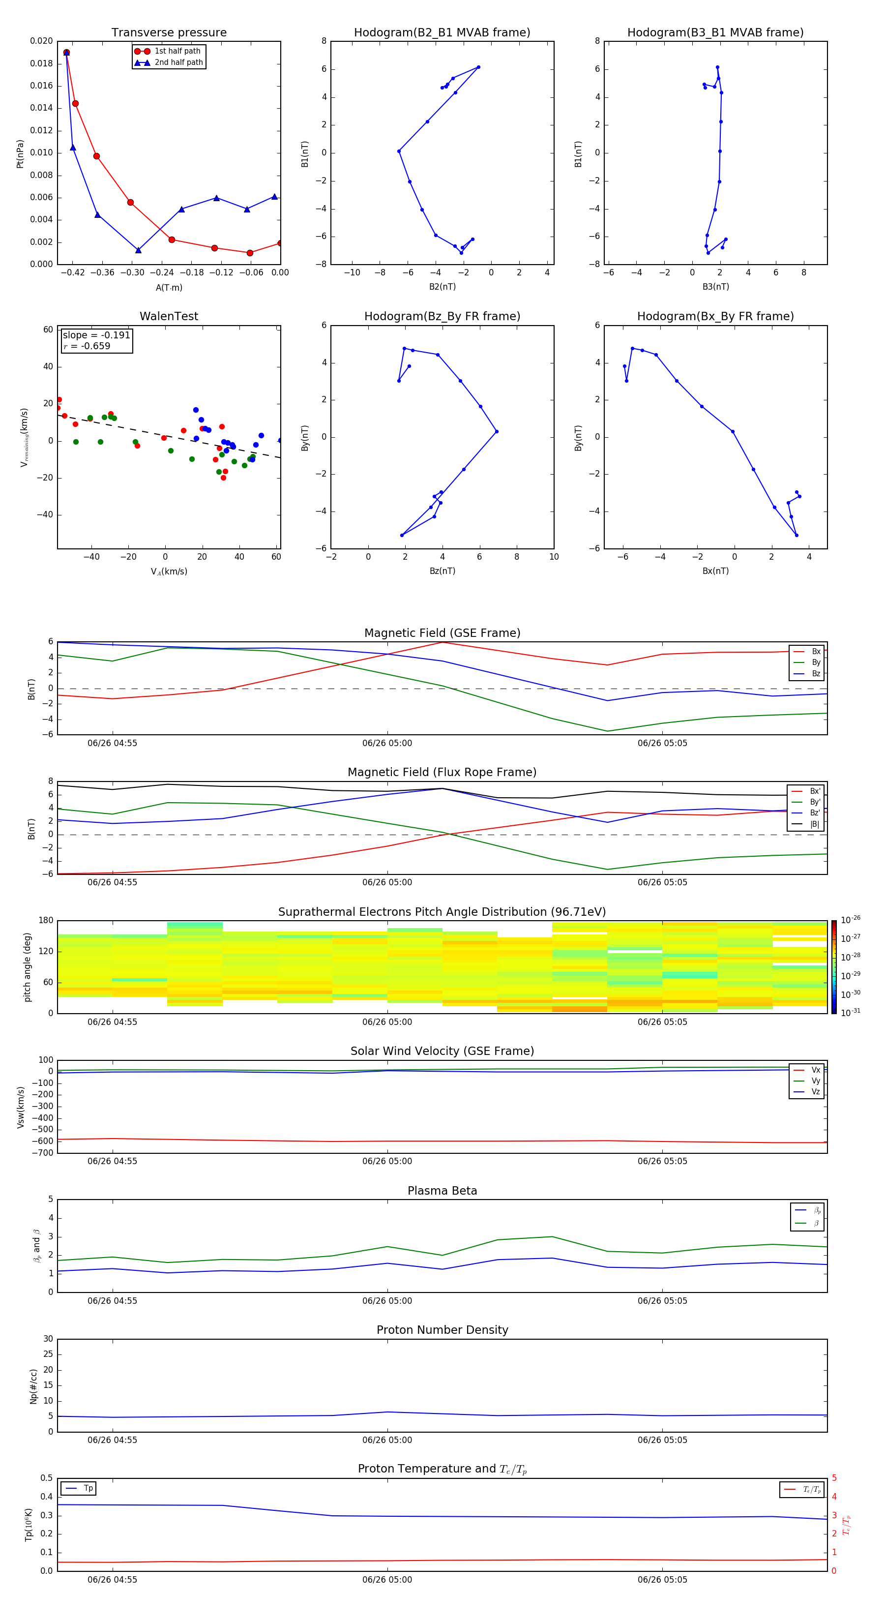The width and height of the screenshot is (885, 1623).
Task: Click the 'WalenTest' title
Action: point(169,316)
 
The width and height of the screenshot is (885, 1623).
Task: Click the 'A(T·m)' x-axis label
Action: point(169,288)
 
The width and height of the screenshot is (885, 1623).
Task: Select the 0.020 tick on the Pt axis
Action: point(42,41)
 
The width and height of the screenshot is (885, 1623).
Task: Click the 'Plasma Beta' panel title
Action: point(442,1191)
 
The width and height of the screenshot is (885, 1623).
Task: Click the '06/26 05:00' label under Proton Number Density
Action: point(387,1440)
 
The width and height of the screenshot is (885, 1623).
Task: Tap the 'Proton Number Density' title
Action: point(442,1330)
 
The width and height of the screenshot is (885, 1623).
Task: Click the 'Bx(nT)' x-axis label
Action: point(715,571)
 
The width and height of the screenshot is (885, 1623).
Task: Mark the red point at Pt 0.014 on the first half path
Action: point(76,103)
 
